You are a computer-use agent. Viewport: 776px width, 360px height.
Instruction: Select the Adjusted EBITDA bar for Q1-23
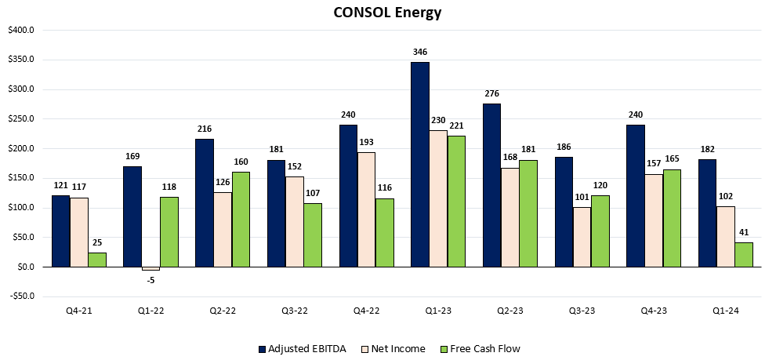coord(420,165)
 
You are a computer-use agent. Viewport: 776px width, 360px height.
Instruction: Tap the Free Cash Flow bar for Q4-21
coord(97,260)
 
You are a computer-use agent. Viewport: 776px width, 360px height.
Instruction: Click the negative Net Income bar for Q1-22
coord(150,268)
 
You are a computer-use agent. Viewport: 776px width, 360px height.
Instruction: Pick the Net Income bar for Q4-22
coord(366,209)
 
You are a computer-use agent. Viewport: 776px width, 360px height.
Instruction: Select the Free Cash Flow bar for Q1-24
coord(745,255)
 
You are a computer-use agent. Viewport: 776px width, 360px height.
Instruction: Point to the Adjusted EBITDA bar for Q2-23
coord(491,185)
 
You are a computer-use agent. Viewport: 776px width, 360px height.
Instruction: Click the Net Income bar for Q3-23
coord(582,237)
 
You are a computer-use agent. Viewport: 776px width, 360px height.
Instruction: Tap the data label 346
coord(420,52)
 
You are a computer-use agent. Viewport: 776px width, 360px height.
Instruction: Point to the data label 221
coord(457,125)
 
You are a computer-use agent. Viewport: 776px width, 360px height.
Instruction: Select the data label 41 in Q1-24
coord(745,232)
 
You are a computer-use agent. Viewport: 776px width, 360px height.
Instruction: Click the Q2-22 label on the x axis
coord(223,311)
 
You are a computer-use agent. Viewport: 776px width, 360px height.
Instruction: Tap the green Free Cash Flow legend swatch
coord(444,348)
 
